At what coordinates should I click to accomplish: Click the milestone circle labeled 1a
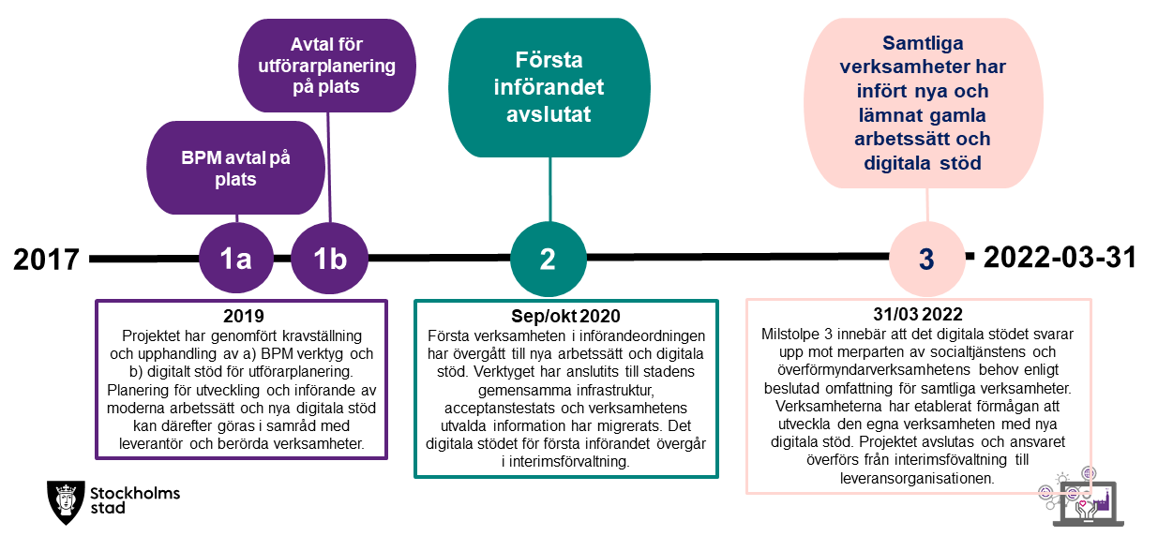coord(236,258)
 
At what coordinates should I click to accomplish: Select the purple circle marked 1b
coord(330,258)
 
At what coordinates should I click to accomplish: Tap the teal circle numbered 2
coord(549,259)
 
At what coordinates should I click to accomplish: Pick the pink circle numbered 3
coord(927,259)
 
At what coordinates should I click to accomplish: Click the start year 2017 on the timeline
coord(47,259)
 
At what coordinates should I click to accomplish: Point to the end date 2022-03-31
coord(1060,258)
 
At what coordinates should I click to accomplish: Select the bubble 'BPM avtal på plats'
coord(235,168)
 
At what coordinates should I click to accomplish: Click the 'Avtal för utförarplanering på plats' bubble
coord(326,66)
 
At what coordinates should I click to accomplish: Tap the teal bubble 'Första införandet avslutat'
coord(549,87)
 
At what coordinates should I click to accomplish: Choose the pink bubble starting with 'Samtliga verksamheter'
coord(924,103)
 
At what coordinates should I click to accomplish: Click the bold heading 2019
coord(244,316)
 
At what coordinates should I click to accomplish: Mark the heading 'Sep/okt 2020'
coord(565,316)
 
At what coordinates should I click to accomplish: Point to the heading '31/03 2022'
coord(918,314)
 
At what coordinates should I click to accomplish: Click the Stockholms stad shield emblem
coord(66,502)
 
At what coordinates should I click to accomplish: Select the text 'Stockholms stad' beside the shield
coord(135,500)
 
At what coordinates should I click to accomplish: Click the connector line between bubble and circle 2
coord(550,189)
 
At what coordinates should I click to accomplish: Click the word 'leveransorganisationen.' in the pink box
coord(917,478)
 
